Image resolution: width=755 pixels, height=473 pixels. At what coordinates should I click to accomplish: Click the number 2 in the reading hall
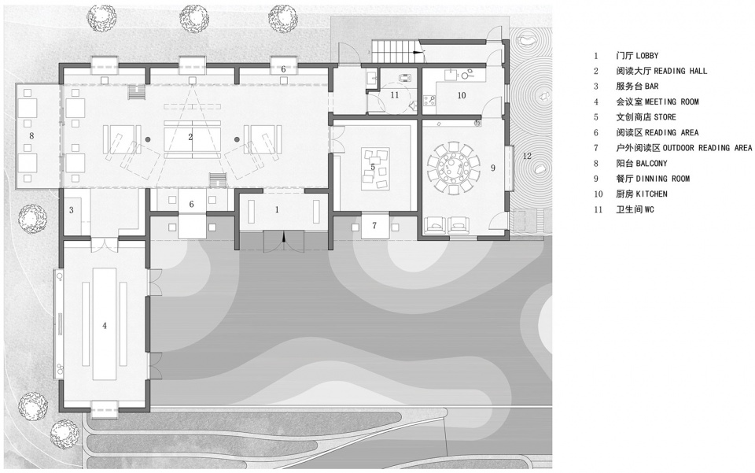pos(190,137)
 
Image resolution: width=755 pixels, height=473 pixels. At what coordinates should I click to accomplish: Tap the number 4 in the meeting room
pos(105,326)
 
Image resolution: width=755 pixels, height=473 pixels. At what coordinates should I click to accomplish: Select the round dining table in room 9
pos(453,168)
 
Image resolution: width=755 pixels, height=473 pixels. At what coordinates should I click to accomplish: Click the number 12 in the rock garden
pos(527,156)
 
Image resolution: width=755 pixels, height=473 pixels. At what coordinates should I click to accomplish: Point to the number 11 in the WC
pos(394,95)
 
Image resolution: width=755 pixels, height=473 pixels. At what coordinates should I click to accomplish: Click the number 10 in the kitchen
pos(462,95)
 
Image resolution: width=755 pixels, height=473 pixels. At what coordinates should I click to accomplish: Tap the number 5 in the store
pos(373,167)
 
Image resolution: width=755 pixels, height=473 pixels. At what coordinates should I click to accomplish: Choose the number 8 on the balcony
pos(31,136)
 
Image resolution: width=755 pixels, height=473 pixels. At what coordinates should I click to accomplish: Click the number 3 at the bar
pos(72,210)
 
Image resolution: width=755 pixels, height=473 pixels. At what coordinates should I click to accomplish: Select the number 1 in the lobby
pos(277,209)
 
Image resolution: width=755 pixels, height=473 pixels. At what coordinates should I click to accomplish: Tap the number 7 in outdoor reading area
pos(374,225)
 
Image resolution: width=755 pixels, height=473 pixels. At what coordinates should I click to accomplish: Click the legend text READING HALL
pos(680,72)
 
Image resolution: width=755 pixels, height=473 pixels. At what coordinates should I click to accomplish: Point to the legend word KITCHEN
pos(651,194)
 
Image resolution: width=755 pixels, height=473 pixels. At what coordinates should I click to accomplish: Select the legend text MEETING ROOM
pos(672,102)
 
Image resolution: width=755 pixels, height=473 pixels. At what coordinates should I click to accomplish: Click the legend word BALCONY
pos(651,163)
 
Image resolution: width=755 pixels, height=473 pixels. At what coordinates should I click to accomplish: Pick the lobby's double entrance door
pos(284,240)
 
